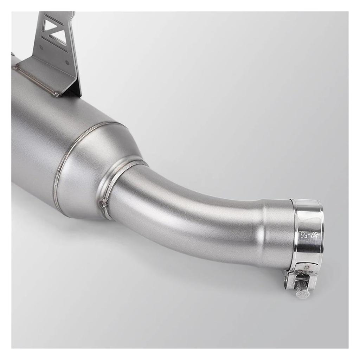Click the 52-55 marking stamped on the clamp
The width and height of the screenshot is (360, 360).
pyautogui.click(x=304, y=237)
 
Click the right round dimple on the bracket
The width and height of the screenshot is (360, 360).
pyautogui.click(x=67, y=62)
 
